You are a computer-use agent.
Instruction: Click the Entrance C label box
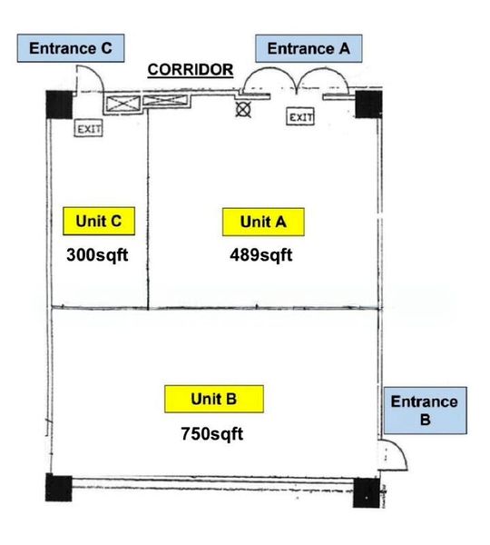[71, 48]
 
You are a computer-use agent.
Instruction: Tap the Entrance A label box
[309, 48]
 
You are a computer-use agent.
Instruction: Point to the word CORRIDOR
[191, 69]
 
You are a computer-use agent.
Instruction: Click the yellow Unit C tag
[99, 220]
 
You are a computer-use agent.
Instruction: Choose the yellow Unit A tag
[262, 222]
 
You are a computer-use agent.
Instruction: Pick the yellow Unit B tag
[214, 398]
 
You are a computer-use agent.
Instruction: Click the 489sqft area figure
[261, 254]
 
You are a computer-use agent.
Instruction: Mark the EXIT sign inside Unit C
[89, 129]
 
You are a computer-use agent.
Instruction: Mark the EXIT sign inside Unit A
[300, 117]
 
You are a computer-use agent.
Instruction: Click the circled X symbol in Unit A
[242, 109]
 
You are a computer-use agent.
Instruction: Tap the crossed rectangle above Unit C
[122, 103]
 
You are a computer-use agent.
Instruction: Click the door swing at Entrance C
[87, 79]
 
